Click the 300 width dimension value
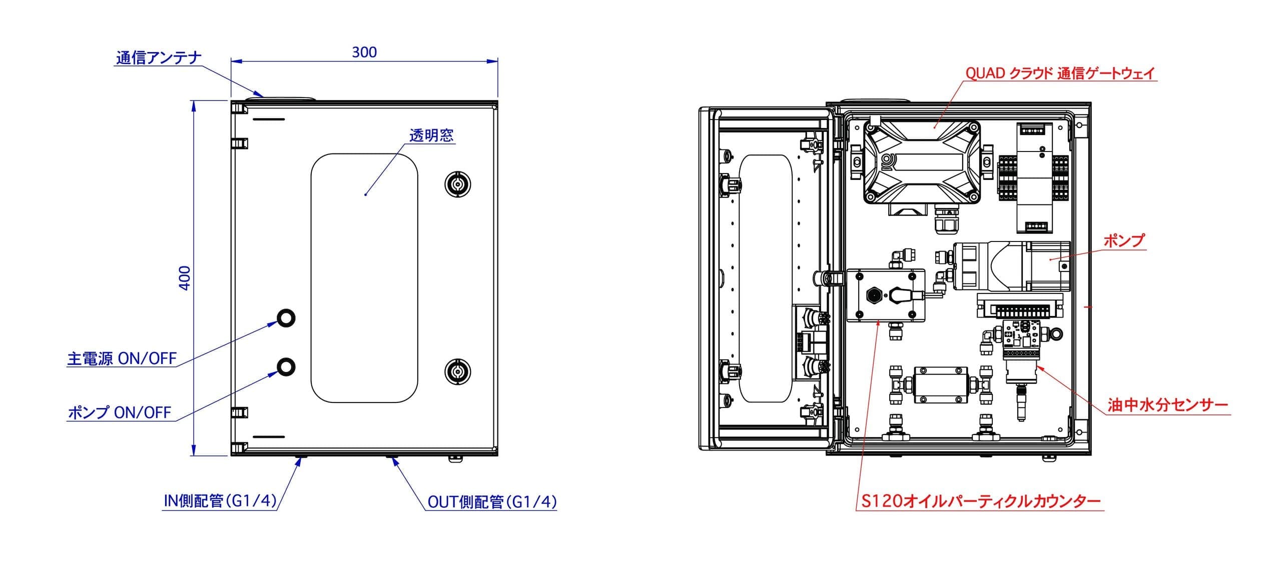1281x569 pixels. (364, 52)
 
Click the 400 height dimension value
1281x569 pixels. (185, 277)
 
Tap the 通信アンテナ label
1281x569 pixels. (159, 58)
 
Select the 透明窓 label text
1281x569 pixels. (431, 135)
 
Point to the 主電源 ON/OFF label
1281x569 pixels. (122, 358)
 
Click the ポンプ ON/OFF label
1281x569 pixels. (120, 412)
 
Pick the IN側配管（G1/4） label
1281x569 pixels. (221, 501)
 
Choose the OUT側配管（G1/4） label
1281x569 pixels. (492, 501)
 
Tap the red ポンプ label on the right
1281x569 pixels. (1124, 241)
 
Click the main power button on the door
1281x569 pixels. (286, 318)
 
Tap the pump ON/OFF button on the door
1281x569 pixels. (286, 367)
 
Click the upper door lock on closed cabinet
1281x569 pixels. (457, 185)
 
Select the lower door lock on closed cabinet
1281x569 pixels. (457, 371)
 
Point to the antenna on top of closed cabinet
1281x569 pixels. (281, 98)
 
